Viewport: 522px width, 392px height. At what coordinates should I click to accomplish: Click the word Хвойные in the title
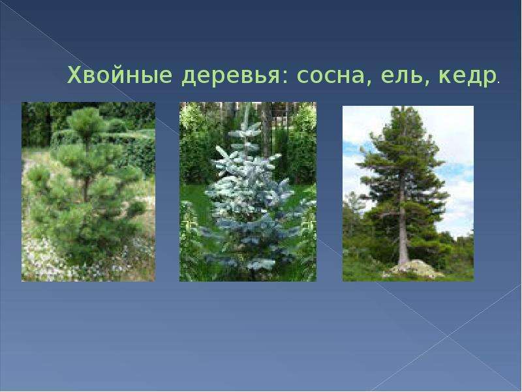(x=120, y=76)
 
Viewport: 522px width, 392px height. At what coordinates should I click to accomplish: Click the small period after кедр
(x=498, y=82)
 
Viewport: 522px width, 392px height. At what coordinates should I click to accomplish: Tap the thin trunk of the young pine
(x=86, y=187)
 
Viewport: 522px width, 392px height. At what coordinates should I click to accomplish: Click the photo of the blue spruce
(x=248, y=191)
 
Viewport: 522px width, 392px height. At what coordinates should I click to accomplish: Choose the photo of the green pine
(x=88, y=191)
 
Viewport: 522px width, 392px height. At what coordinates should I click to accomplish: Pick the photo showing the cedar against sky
(x=408, y=193)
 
